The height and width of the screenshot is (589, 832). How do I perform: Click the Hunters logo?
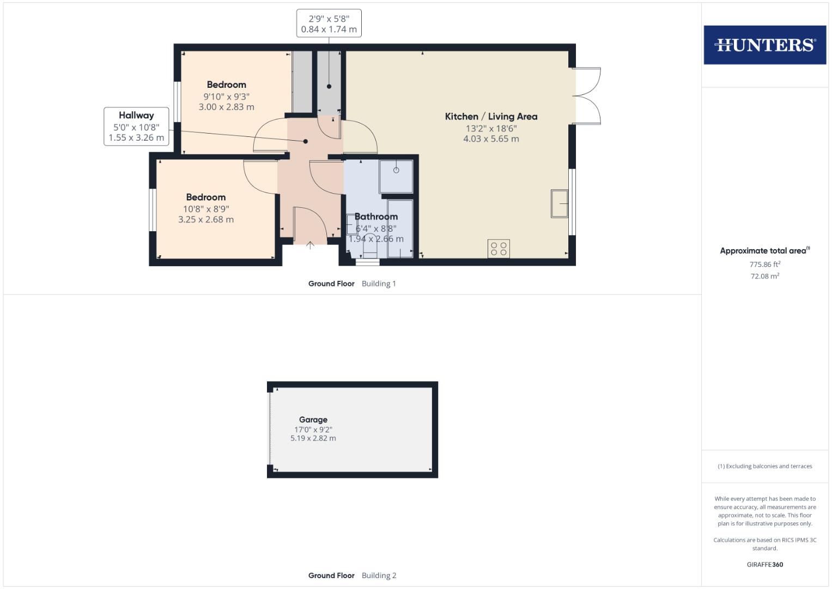pyautogui.click(x=764, y=45)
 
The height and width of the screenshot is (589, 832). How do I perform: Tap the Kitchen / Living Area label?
pyautogui.click(x=491, y=116)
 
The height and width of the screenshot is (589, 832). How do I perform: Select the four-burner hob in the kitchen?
pyautogui.click(x=499, y=249)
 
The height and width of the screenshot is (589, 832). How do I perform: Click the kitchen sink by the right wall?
pyautogui.click(x=560, y=203)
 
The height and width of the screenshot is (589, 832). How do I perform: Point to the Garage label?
pyautogui.click(x=313, y=419)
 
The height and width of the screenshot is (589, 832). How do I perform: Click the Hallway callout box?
pyautogui.click(x=136, y=126)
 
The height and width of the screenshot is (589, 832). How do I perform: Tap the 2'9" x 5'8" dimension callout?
pyautogui.click(x=329, y=23)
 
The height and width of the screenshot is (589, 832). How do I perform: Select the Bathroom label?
pyautogui.click(x=376, y=217)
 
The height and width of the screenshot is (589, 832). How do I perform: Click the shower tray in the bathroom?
pyautogui.click(x=396, y=176)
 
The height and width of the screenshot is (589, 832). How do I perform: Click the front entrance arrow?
pyautogui.click(x=310, y=246)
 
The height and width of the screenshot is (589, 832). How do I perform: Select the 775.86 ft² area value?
pyautogui.click(x=764, y=265)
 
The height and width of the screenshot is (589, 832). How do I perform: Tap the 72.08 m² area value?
pyautogui.click(x=764, y=276)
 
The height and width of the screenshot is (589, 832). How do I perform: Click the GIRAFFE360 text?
pyautogui.click(x=764, y=564)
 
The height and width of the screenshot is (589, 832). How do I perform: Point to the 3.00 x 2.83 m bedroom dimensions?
pyautogui.click(x=226, y=107)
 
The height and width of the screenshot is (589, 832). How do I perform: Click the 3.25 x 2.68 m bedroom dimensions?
pyautogui.click(x=206, y=219)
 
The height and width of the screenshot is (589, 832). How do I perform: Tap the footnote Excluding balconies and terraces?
pyautogui.click(x=764, y=466)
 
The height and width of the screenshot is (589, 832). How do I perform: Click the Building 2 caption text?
pyautogui.click(x=379, y=575)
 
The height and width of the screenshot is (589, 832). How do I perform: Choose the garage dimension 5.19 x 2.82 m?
pyautogui.click(x=313, y=438)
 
